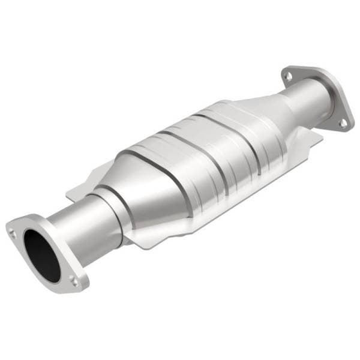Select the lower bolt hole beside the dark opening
pyautogui.click(x=73, y=280)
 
